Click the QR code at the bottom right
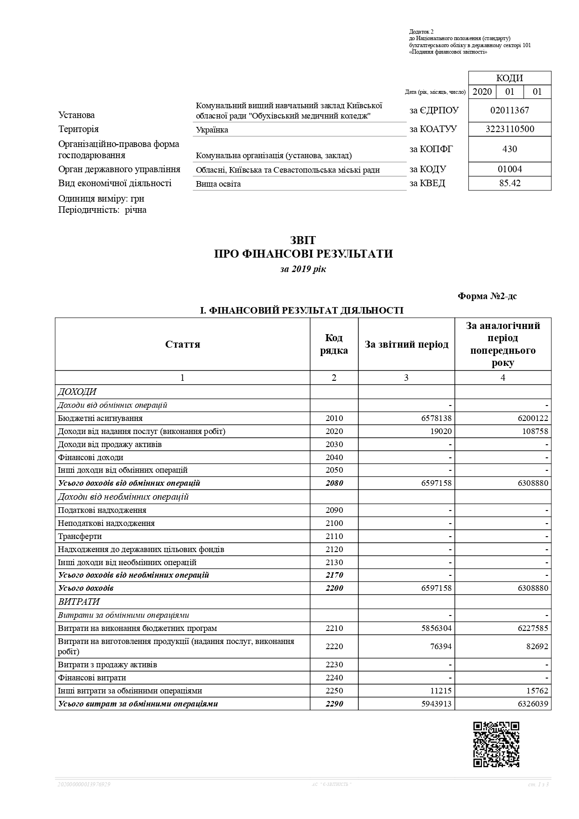coord(496,744)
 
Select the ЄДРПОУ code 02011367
coord(509,111)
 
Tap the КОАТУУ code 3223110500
coord(509,129)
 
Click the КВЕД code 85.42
coord(509,183)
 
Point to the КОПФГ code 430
coord(509,149)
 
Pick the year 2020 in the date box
coord(482,91)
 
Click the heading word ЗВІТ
coord(303,240)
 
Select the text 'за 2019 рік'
coord(303,269)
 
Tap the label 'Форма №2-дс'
coord(487,296)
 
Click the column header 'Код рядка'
coord(334,344)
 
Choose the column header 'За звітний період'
coord(406,344)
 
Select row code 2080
coord(334,483)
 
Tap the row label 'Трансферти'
coord(80,537)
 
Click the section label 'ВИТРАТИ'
coord(79,602)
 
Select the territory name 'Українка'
coord(212,130)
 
